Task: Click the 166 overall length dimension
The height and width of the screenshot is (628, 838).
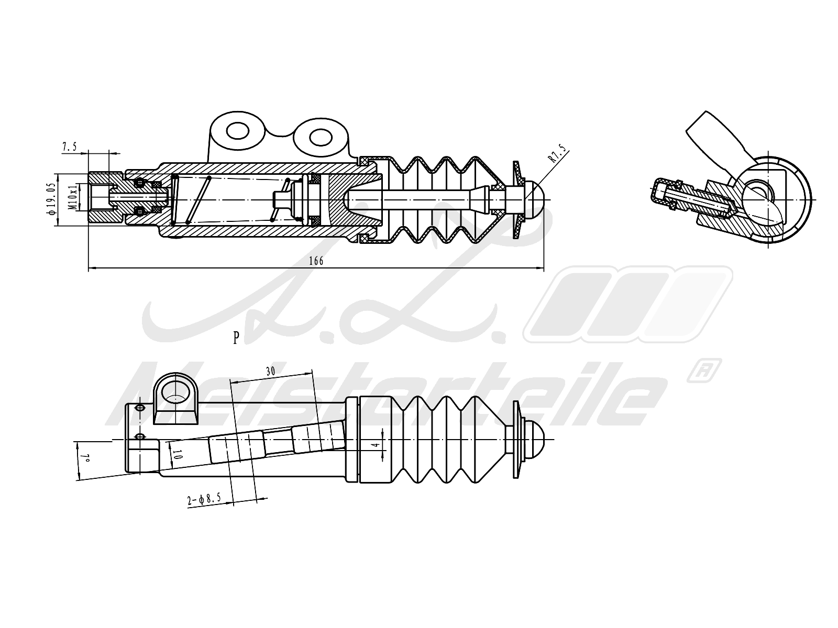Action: [x=316, y=261]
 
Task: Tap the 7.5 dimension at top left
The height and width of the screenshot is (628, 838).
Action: [x=70, y=147]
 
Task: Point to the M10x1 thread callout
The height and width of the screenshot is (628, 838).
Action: [x=74, y=197]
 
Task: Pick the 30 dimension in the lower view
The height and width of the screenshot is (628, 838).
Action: [x=270, y=372]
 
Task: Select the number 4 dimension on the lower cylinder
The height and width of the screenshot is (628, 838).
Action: [x=376, y=447]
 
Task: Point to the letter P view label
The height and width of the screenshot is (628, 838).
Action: [x=236, y=339]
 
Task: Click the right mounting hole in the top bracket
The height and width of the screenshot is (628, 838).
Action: [x=318, y=138]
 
